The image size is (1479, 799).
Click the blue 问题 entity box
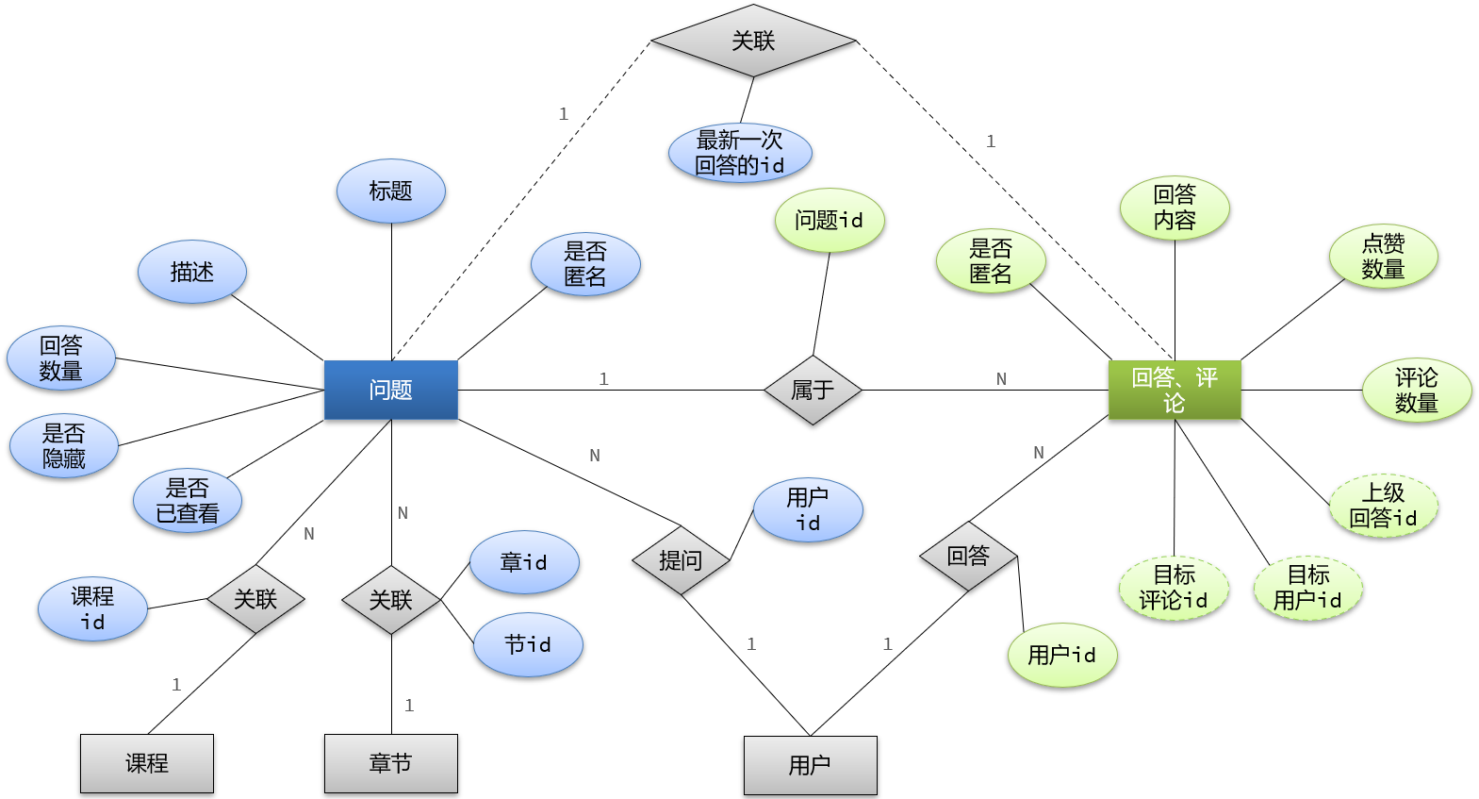click(390, 390)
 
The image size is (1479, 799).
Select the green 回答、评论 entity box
click(1174, 390)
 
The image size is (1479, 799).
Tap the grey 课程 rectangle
click(146, 763)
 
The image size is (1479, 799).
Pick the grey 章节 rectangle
click(390, 763)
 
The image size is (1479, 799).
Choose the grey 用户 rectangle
click(810, 765)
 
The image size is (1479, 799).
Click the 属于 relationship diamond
click(812, 390)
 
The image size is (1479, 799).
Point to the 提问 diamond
click(681, 560)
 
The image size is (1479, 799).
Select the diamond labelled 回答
click(968, 556)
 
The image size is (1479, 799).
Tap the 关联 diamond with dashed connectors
click(753, 41)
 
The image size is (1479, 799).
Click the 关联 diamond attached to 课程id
click(255, 599)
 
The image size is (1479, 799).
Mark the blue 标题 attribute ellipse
click(390, 191)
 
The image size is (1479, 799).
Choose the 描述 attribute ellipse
click(191, 272)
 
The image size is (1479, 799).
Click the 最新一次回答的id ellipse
click(740, 153)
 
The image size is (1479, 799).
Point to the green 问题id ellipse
click(829, 220)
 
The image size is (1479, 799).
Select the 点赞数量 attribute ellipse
click(1383, 256)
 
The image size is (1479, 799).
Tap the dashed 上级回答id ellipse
click(1383, 506)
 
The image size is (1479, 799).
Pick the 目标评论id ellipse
click(1174, 588)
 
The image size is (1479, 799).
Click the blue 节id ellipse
click(528, 644)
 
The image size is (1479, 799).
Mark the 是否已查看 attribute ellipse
click(187, 501)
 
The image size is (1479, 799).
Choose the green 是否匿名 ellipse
click(990, 261)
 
